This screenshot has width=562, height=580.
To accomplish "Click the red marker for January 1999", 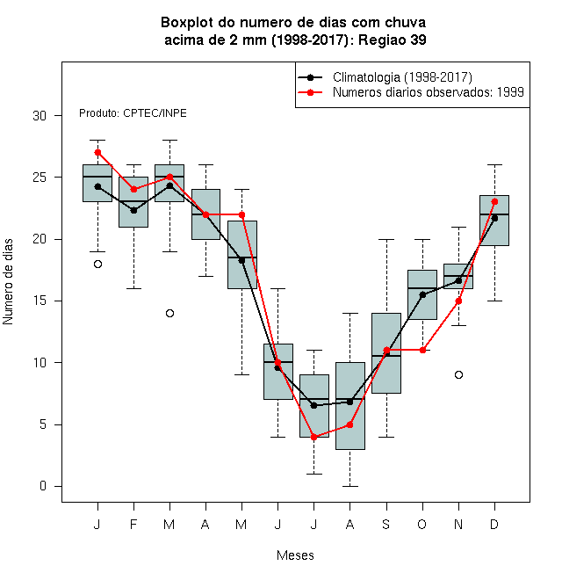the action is pos(97,152).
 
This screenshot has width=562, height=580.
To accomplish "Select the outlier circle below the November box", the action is pos(458,374).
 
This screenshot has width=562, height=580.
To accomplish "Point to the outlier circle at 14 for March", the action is pos(169,314).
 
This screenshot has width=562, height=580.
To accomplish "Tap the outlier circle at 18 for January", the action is pos(97,265).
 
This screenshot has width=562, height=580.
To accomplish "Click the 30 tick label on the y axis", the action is pos(40,116).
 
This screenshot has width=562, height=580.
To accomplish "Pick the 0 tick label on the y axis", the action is pos(43,486).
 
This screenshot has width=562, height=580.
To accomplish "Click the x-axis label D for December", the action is pos(494,524).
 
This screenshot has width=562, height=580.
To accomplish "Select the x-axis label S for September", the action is pos(386,524).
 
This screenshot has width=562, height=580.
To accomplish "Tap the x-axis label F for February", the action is pos(133,524).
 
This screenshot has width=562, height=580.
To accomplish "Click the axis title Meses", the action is pos(295,555).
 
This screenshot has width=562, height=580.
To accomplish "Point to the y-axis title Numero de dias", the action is pos(8,282).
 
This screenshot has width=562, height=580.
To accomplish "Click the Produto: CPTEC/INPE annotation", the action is pos(133,112).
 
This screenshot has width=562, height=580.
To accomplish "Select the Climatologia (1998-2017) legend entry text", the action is pos(402,77).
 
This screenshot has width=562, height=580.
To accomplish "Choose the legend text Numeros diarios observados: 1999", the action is pos(429,91).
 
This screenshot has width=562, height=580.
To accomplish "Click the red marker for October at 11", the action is pos(422,350).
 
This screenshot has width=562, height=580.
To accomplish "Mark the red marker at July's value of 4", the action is pos(313,437).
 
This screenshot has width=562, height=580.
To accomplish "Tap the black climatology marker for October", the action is pos(422,294).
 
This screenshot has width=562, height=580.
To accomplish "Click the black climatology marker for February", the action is pos(133,211).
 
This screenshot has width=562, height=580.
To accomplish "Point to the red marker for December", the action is pos(494,201).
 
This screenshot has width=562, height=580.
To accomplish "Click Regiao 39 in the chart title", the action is pos(393,40).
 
